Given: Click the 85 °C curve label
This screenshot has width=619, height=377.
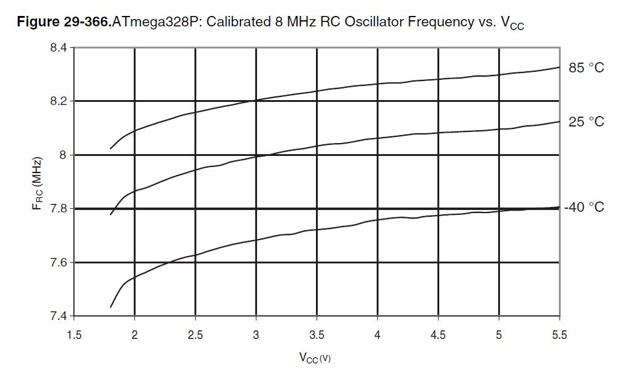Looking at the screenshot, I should [586, 68].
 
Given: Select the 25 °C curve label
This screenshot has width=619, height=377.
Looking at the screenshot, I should [586, 122].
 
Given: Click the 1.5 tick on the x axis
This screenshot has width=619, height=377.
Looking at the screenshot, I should [74, 335].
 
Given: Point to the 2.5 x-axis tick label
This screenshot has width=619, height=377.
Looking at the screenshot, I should [195, 335].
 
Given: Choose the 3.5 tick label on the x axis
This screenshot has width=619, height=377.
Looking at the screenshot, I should [317, 335].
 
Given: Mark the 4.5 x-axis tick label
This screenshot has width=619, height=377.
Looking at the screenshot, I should [438, 335].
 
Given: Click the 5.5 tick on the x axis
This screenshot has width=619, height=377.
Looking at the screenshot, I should [559, 335].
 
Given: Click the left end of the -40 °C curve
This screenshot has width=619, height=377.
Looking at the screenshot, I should [110, 307].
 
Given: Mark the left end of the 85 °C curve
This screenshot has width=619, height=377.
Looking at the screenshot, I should [110, 149].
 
